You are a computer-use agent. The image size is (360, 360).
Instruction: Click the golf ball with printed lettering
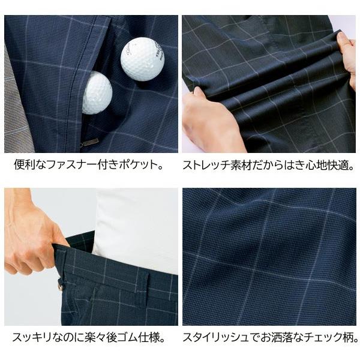(142, 59)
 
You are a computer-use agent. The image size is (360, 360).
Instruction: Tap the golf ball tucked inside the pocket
(97, 92)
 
